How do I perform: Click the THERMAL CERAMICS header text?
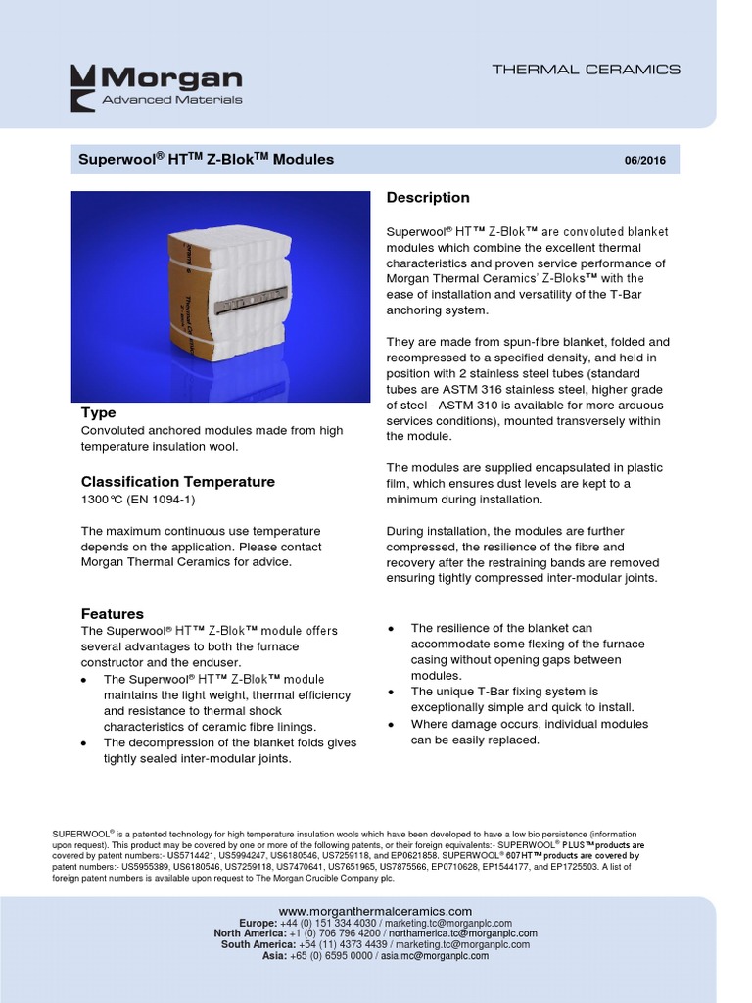[586, 70]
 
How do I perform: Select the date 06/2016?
[644, 161]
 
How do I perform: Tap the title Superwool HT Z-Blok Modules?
[207, 159]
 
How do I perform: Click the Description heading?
[428, 198]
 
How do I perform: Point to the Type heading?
[98, 412]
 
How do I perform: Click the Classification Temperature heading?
[177, 482]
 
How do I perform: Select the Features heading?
[112, 613]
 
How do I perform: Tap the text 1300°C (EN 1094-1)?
[138, 500]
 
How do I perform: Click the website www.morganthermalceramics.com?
[375, 911]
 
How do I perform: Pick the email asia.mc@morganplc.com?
[434, 956]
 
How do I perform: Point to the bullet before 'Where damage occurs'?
[393, 724]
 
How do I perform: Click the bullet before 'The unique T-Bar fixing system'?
[393, 692]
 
